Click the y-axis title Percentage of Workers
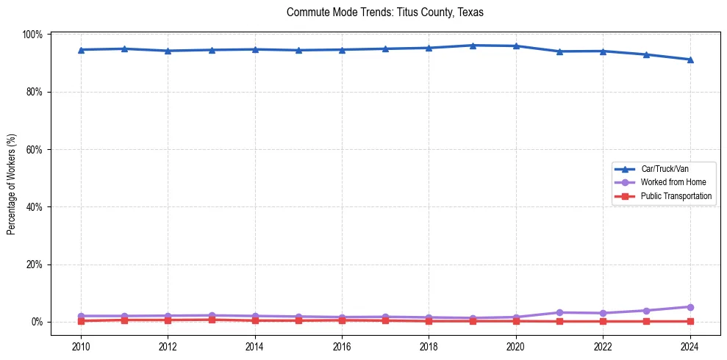[x=12, y=178]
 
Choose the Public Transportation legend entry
[x=676, y=196]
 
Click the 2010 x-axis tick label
[x=81, y=346]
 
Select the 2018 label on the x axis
[x=429, y=346]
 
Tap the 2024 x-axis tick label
[x=690, y=346]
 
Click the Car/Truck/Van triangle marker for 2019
[x=473, y=46]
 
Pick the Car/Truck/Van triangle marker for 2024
[x=690, y=60]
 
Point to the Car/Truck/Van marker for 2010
[x=81, y=50]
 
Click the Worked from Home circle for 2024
[x=690, y=307]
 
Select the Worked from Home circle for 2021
[x=559, y=312]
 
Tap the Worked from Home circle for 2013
[x=212, y=315]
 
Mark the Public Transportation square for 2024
[x=690, y=321]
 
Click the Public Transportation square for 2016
[x=342, y=320]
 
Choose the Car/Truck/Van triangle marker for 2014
[x=255, y=49]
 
